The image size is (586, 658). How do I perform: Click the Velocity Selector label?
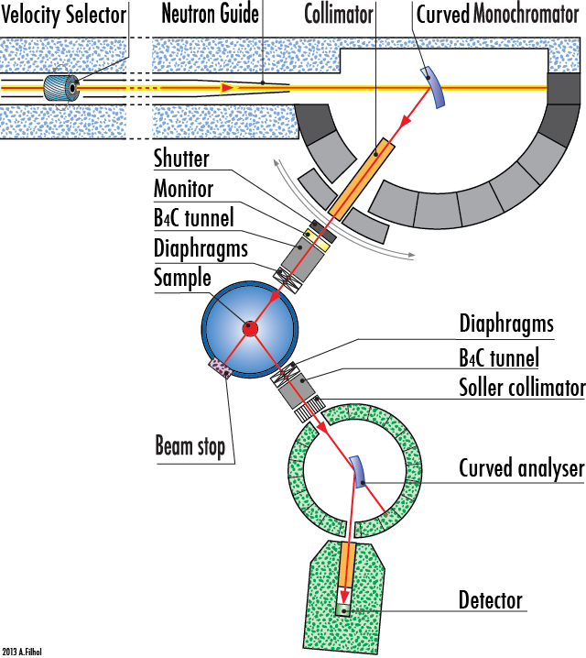click(x=64, y=14)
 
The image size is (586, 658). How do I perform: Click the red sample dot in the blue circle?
click(x=249, y=327)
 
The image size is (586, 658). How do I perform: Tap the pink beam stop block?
click(x=222, y=367)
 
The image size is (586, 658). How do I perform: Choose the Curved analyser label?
click(x=521, y=469)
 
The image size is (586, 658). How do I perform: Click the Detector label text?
click(x=490, y=600)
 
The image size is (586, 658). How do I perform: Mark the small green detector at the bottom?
click(x=345, y=608)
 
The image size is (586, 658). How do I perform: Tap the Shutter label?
click(x=181, y=159)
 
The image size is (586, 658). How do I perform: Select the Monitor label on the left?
click(x=183, y=189)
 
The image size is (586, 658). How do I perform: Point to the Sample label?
click(x=182, y=277)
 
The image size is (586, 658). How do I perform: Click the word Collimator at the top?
click(x=340, y=14)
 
